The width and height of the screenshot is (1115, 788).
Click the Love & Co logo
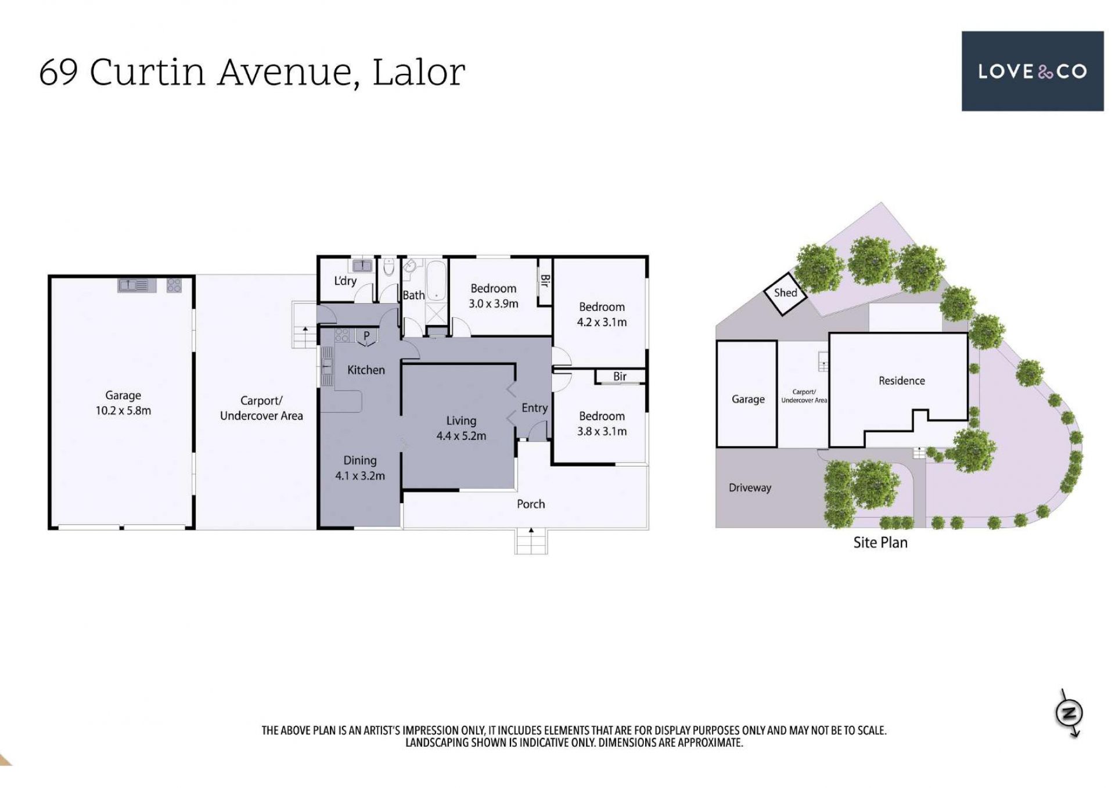point(1032,71)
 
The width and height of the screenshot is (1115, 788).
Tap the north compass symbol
point(1069,713)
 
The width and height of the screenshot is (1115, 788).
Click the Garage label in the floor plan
point(123,395)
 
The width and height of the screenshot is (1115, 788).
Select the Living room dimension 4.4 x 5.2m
point(461,436)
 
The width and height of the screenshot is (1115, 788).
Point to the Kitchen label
point(366,370)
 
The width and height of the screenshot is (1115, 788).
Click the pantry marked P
point(366,337)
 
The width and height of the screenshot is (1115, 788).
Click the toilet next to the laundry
point(389,267)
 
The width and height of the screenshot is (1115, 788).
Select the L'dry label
point(345,281)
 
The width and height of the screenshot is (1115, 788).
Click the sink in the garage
point(136,285)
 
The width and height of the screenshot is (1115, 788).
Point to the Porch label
point(531,504)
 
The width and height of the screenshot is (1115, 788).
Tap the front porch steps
point(531,541)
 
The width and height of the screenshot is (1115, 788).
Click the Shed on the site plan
point(785,293)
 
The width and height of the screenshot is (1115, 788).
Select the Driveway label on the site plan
point(750,488)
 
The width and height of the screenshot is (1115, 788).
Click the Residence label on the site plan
point(901,381)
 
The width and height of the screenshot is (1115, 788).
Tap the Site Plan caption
point(880,542)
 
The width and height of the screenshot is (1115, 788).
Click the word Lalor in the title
point(418,72)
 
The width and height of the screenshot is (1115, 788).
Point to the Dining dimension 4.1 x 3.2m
point(360,475)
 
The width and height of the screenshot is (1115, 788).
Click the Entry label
point(534,408)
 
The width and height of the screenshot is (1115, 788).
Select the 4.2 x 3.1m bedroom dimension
point(602,322)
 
